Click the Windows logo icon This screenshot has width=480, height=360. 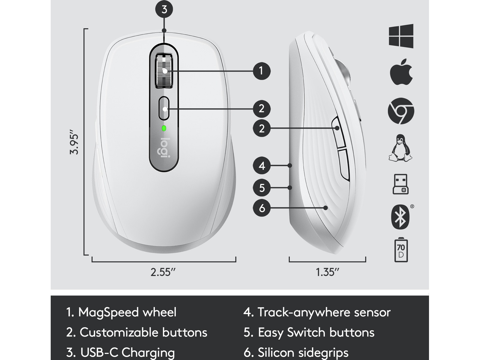(x=401, y=36)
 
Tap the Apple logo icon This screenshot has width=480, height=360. (x=401, y=72)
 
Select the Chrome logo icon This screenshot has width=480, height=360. (x=401, y=111)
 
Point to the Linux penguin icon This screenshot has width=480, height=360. (x=400, y=148)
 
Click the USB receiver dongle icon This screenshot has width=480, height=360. (x=400, y=184)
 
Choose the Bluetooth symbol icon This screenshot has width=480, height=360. (x=400, y=217)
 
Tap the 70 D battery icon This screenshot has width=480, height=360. (x=401, y=250)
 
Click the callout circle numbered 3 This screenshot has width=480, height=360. (x=164, y=9)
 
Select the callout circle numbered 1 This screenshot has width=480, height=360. (x=262, y=71)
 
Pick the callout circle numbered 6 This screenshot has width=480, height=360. (x=262, y=208)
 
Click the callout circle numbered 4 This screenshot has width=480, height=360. (x=262, y=166)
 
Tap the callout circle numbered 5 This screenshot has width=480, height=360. (x=262, y=187)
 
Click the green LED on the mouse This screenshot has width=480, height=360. (x=164, y=128)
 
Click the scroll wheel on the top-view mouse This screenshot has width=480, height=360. (x=164, y=71)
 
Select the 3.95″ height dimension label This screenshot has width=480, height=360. (x=74, y=142)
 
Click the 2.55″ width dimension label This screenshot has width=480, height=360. (x=163, y=272)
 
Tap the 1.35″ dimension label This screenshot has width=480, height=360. (x=327, y=272)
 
